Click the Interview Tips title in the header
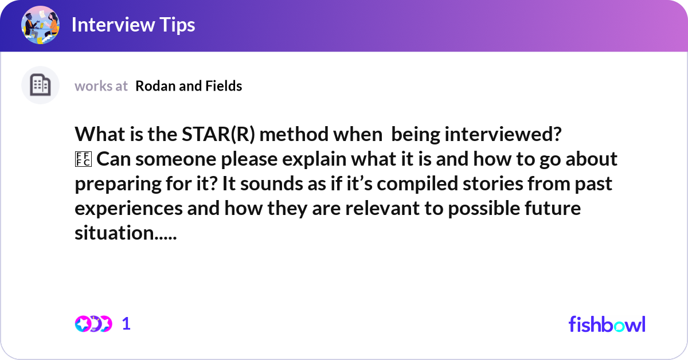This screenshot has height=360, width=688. [x=133, y=25]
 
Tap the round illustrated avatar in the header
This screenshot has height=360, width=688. [x=40, y=25]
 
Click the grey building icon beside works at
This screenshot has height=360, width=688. [x=40, y=85]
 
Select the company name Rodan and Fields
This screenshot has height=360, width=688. [x=189, y=86]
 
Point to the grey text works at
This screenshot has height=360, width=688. [x=101, y=86]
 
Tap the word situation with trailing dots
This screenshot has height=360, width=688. [x=126, y=233]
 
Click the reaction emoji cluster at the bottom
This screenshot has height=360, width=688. [x=93, y=324]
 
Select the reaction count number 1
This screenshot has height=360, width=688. [x=127, y=324]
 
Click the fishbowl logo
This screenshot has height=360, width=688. [x=607, y=324]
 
